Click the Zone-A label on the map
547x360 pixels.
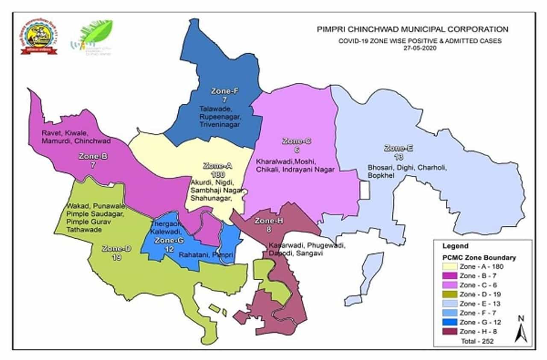coord(217,166)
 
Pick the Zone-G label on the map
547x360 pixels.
coord(169,240)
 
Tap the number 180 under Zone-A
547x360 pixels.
coord(218,175)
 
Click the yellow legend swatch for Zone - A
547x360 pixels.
coord(449,266)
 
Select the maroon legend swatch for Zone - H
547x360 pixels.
coord(449,331)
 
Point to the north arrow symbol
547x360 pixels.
coord(521,329)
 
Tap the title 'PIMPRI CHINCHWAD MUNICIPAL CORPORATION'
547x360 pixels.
coord(412,29)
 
